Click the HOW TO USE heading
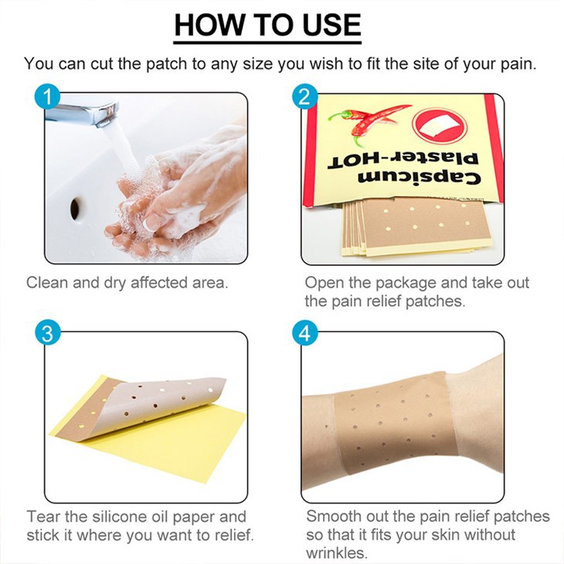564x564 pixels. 267,25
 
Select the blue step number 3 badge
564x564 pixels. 49,334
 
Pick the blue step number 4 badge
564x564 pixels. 304,334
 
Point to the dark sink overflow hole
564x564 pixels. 76,208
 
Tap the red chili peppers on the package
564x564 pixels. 367,119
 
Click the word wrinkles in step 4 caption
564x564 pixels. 336,553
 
